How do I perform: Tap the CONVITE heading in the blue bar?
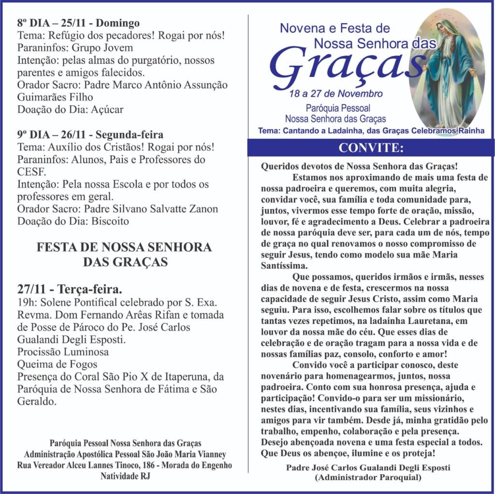coord(371,147)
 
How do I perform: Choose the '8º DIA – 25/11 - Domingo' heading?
coord(78,23)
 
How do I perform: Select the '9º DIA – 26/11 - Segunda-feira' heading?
coord(90,134)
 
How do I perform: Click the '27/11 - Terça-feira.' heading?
coord(70,290)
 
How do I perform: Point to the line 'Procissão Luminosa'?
coord(63,352)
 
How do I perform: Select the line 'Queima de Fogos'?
coord(57,364)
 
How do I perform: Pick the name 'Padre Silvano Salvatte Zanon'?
coord(151,209)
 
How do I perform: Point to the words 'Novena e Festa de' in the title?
coord(335,29)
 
